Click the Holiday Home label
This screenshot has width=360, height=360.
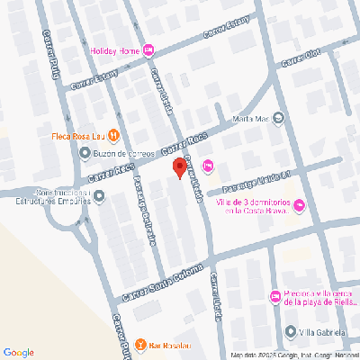114,50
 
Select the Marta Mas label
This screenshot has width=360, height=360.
251,118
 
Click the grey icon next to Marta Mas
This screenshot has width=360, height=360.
277,117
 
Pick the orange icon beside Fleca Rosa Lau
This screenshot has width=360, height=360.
114,136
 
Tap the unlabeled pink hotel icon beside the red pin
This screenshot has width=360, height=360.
209,165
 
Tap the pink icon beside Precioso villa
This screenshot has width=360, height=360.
274,298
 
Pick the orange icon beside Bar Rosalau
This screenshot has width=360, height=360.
140,345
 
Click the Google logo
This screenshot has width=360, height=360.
18,351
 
